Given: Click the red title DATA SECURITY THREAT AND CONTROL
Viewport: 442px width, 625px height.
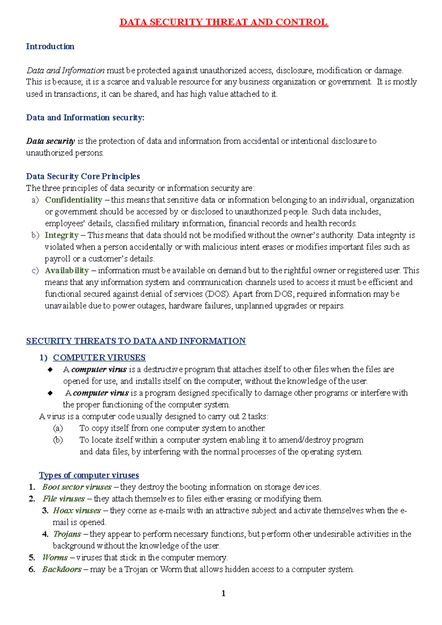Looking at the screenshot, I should (x=224, y=22).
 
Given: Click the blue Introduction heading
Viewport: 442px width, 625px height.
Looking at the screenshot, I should (x=50, y=46).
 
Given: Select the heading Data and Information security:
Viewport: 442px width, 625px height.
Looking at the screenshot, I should (x=85, y=117).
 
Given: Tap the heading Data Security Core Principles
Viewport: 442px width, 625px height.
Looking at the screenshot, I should (x=83, y=176).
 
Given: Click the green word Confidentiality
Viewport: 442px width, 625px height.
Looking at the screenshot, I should (x=73, y=200).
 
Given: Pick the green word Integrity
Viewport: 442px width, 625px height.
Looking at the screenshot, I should (x=62, y=235).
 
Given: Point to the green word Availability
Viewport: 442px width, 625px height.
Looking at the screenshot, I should (x=67, y=271).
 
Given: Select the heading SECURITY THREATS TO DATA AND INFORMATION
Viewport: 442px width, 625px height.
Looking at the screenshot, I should (x=136, y=341).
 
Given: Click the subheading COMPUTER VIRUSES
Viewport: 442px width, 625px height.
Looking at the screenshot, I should (x=99, y=357).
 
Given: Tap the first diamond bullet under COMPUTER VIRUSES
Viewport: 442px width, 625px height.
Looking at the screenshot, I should (x=50, y=370).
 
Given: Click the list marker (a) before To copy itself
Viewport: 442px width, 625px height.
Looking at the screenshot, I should (x=58, y=428).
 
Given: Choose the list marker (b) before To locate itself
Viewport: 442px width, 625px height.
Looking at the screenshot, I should (x=58, y=440).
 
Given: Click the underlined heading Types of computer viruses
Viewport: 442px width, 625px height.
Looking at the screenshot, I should (x=89, y=475).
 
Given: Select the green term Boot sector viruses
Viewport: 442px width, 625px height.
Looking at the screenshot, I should (x=77, y=487).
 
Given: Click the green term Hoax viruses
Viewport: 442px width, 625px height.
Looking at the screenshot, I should (x=77, y=511).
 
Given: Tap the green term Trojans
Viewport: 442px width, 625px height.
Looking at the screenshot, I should (x=67, y=534).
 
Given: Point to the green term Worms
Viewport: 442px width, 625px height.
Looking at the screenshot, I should (x=55, y=558).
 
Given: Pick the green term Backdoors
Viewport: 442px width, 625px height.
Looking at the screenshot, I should (x=62, y=569).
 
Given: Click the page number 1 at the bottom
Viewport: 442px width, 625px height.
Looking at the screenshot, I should (x=223, y=593).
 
